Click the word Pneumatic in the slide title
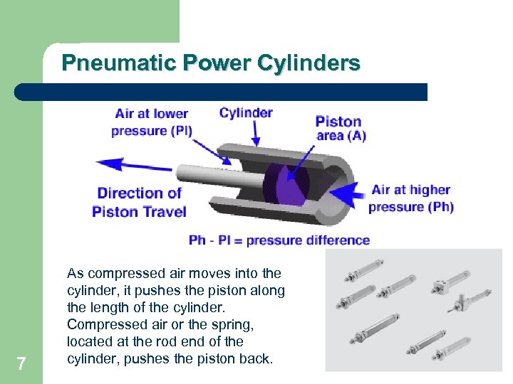point(105,63)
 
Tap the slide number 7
point(21,364)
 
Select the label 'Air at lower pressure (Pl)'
point(152,122)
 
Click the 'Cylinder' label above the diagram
point(246,113)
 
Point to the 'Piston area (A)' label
point(341,128)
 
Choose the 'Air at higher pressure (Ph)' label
point(411,198)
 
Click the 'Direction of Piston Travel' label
point(140,202)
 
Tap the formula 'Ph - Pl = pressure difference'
point(279,240)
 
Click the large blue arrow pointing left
point(133,165)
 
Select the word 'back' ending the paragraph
point(255,358)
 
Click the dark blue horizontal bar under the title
point(221,92)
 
